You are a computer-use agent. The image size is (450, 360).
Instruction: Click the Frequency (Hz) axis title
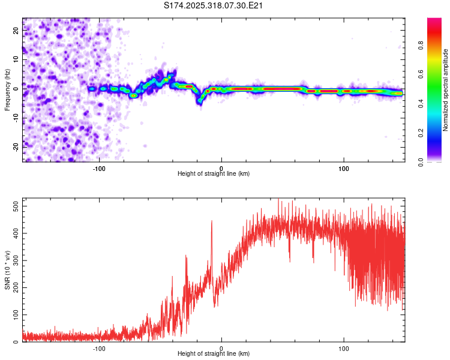tap(7, 90)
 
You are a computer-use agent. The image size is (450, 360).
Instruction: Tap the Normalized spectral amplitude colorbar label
tap(446, 90)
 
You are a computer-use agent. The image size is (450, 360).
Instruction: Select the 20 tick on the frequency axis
tap(16, 31)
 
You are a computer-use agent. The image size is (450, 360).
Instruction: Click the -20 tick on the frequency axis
tap(16, 146)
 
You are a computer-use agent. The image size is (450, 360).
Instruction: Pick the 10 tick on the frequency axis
tap(16, 60)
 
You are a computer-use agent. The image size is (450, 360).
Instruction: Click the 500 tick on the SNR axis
tap(16, 206)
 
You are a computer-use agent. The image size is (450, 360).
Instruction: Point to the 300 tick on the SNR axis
tap(16, 260)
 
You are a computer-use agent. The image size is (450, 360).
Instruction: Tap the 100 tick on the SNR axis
tap(16, 314)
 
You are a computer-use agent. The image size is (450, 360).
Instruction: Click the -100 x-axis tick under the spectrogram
tap(99, 167)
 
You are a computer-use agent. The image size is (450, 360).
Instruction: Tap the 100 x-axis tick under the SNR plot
tap(344, 347)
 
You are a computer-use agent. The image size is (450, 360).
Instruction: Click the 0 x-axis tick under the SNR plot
tap(221, 347)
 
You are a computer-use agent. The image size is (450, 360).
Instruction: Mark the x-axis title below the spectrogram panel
tap(214, 174)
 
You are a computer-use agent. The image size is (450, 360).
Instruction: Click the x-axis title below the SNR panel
tap(214, 355)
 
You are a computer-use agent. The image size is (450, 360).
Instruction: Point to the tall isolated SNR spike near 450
tap(212, 221)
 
